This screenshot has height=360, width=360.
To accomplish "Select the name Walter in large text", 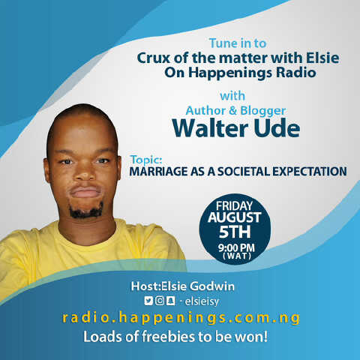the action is point(210,128).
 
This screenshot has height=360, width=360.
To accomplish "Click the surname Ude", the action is point(277,128).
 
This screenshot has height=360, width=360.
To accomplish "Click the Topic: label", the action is point(146,160).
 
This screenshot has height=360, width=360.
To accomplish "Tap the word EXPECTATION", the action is point(310,172).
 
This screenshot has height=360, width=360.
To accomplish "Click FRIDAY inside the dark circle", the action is point(234,206).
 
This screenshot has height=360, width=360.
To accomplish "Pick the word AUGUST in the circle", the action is point(235,217).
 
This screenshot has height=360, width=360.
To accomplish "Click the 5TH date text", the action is point(235,232).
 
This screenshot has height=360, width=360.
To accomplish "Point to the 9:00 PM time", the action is point(236,248).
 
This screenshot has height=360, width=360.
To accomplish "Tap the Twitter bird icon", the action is point(148,301).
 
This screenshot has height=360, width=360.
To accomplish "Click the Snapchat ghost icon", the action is point(171,301).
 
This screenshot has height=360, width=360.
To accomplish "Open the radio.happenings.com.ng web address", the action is point(181,318).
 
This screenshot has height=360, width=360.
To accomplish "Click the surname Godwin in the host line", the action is point(212,286).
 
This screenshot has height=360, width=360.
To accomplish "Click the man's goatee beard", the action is point(86,211).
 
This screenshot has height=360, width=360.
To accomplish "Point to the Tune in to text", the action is point(238,43).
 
